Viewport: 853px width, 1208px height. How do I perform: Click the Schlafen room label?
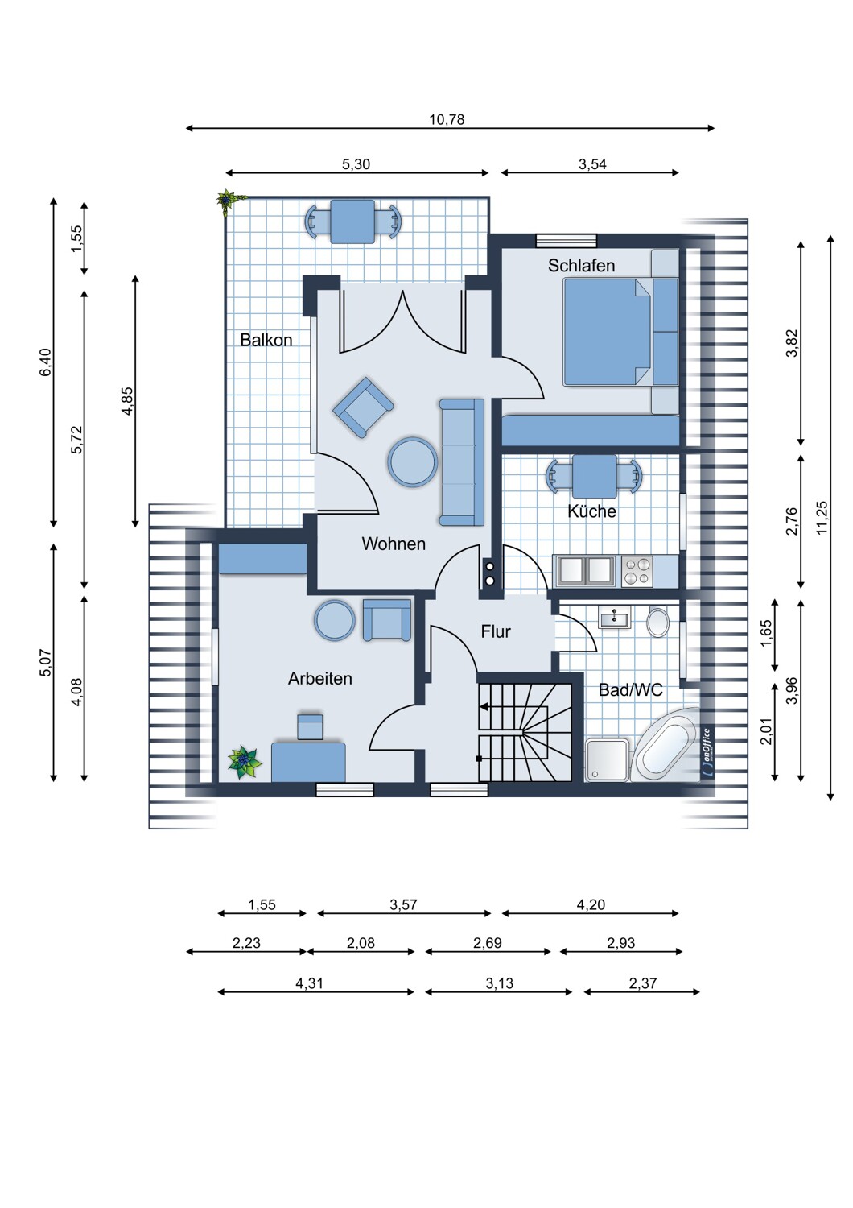point(581,265)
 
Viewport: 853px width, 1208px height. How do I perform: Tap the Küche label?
point(591,511)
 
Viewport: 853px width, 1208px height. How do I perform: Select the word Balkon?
point(266,340)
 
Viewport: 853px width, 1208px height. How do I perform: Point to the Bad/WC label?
point(630,689)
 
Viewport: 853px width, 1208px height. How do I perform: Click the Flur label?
point(496,631)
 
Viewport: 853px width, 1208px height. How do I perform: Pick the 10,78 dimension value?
point(447,119)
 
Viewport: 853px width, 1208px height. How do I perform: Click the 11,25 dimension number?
point(821,519)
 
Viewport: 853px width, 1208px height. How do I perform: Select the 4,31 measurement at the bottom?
point(309,983)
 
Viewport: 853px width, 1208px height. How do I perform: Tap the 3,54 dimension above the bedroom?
point(592,164)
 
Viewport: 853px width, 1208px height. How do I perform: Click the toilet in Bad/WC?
point(658,621)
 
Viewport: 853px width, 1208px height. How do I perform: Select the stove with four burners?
point(637,571)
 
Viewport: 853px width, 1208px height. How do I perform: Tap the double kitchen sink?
point(585,570)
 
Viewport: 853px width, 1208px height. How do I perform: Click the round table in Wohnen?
point(412,461)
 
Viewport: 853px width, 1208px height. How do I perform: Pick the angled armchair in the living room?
point(363,407)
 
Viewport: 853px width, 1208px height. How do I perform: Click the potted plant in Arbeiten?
point(245,762)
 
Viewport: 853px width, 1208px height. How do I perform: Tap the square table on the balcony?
point(353,221)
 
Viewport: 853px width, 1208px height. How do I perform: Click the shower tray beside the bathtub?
point(608,760)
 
